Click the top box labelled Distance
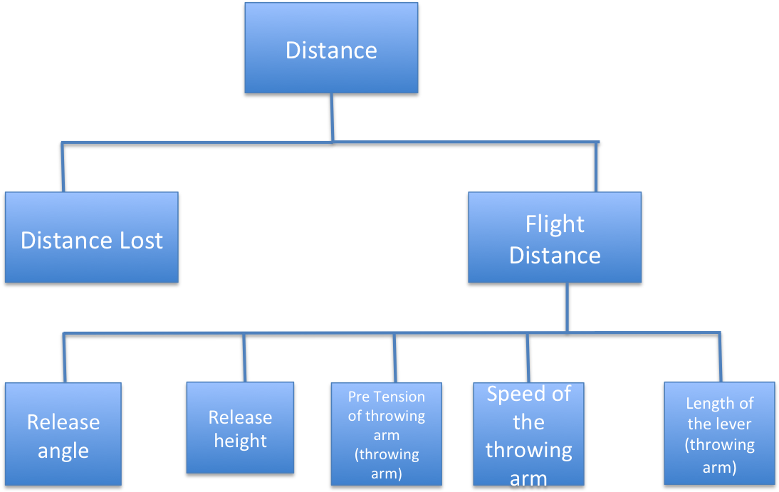(x=331, y=48)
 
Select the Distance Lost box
(x=91, y=237)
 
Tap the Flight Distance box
(x=555, y=238)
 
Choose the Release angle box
(x=63, y=434)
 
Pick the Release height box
(x=240, y=428)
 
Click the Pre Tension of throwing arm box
(x=386, y=434)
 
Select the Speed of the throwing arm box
(x=528, y=434)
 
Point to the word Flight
(x=555, y=224)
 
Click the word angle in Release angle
(x=63, y=451)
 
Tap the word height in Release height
(x=240, y=441)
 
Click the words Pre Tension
(x=386, y=397)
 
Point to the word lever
(x=733, y=424)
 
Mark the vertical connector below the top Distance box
(x=331, y=117)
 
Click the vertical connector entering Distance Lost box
(x=63, y=167)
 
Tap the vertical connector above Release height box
(x=244, y=357)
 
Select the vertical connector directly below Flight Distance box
(x=567, y=307)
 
